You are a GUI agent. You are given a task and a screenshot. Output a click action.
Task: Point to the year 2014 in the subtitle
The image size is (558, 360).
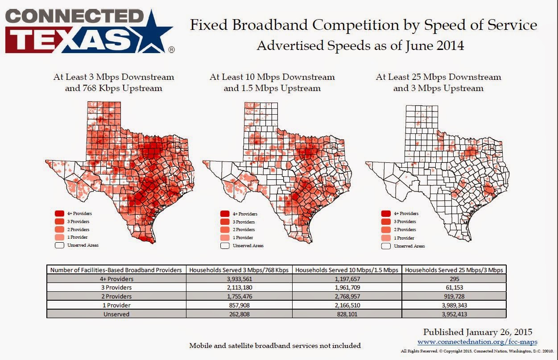click(450, 46)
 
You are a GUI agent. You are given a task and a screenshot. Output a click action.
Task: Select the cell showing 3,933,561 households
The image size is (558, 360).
click(239, 279)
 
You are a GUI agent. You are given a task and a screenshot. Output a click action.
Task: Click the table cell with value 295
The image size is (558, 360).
click(454, 279)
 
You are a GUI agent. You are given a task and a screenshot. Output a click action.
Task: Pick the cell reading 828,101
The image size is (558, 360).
click(347, 314)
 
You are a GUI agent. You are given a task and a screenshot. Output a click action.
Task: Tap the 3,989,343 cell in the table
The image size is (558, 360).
click(454, 305)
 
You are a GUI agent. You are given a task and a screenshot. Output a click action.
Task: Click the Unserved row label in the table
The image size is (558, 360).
click(116, 314)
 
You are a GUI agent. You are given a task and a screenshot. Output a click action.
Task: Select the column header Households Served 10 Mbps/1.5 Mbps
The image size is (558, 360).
click(347, 270)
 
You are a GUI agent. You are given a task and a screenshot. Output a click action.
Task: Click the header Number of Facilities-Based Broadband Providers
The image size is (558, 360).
click(116, 270)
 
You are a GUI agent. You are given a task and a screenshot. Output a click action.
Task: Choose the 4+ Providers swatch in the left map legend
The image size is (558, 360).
click(59, 214)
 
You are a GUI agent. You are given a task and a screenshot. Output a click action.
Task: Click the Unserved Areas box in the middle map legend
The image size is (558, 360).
click(225, 246)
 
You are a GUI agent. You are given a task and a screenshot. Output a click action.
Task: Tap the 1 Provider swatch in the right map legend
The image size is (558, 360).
click(386, 238)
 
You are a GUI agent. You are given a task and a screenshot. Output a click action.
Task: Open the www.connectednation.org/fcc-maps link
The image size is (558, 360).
click(477, 342)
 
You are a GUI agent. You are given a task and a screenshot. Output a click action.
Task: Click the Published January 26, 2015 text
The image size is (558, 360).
click(478, 332)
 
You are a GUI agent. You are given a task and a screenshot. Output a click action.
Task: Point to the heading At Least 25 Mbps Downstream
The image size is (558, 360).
click(438, 77)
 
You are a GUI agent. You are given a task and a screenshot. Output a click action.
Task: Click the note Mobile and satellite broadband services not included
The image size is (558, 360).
click(275, 346)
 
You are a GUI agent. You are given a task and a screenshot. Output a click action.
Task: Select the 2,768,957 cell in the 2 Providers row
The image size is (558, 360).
click(347, 296)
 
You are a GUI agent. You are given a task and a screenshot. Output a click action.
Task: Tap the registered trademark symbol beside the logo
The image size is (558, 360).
click(172, 50)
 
